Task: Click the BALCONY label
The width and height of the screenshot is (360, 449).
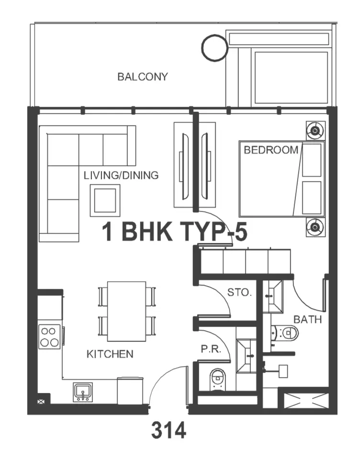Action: tap(143, 77)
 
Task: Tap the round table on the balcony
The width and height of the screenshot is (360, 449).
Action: tap(214, 48)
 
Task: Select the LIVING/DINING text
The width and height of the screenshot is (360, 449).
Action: tap(121, 175)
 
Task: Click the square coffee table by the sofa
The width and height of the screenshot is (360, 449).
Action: tap(105, 200)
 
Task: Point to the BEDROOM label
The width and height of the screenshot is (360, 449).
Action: tap(270, 150)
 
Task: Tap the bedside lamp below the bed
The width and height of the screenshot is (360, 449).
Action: tap(315, 227)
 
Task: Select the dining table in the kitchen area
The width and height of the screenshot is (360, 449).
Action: tap(126, 311)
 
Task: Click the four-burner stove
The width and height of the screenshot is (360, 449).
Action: tap(50, 336)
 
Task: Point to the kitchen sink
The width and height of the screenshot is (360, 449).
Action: tap(83, 392)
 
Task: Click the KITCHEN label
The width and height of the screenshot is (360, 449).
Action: tap(110, 354)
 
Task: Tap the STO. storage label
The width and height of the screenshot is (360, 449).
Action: tap(239, 292)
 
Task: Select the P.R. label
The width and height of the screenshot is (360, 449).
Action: tap(211, 349)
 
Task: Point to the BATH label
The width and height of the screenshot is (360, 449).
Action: tap(308, 319)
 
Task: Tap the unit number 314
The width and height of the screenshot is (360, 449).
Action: tap(169, 430)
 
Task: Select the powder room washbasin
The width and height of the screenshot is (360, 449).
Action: tap(247, 356)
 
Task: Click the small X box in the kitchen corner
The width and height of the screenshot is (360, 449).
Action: tap(41, 402)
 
